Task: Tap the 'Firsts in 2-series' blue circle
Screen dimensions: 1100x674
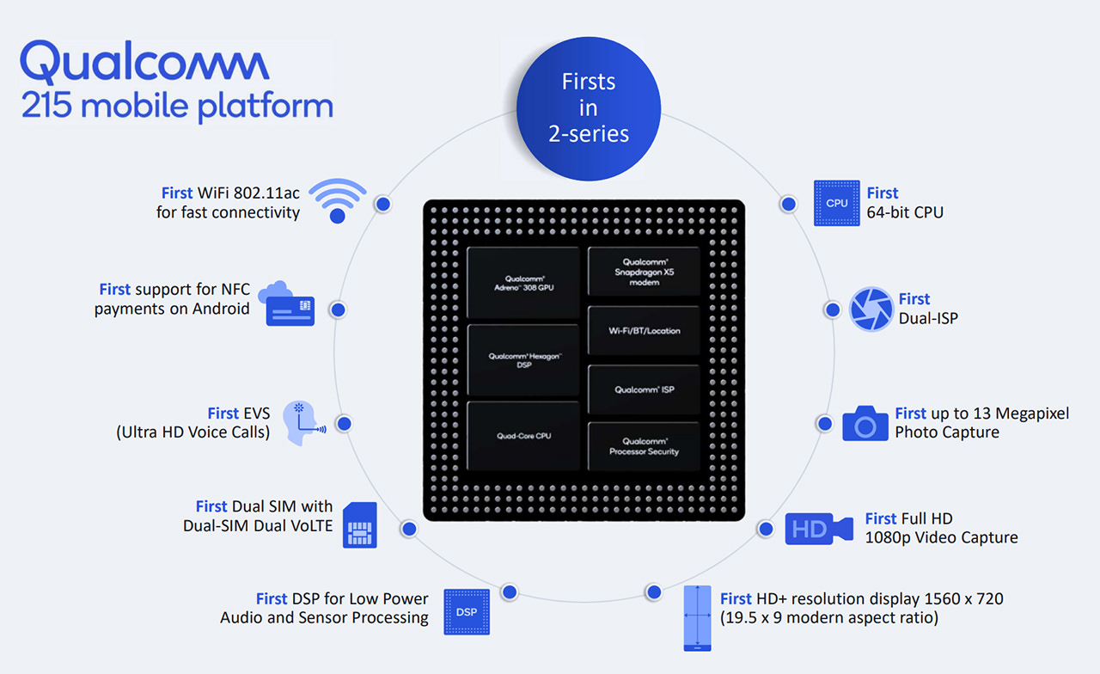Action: point(589,108)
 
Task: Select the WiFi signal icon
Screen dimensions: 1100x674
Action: point(338,201)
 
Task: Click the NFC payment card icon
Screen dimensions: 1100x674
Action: point(287,303)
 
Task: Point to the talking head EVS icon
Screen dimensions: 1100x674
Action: point(303,423)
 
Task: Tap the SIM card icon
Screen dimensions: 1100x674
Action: point(360,524)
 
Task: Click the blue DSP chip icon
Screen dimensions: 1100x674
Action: point(467,611)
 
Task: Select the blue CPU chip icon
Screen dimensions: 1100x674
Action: point(837,203)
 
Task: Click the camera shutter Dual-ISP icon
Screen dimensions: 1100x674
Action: point(871,309)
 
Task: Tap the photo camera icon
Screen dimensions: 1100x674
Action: point(865,424)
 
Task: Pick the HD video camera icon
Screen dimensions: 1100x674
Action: point(819,529)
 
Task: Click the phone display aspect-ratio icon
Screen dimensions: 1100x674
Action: point(697,618)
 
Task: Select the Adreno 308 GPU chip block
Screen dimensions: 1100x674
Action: point(523,283)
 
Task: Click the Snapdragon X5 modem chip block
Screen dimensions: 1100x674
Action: point(644,272)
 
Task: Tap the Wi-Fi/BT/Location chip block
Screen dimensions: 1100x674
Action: point(644,331)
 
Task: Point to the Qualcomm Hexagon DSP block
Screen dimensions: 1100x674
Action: point(523,360)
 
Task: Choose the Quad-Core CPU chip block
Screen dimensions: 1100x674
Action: point(523,436)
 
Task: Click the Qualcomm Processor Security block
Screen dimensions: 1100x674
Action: point(644,446)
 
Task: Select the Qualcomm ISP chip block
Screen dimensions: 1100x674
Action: point(644,389)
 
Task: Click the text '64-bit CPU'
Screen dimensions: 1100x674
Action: point(905,212)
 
